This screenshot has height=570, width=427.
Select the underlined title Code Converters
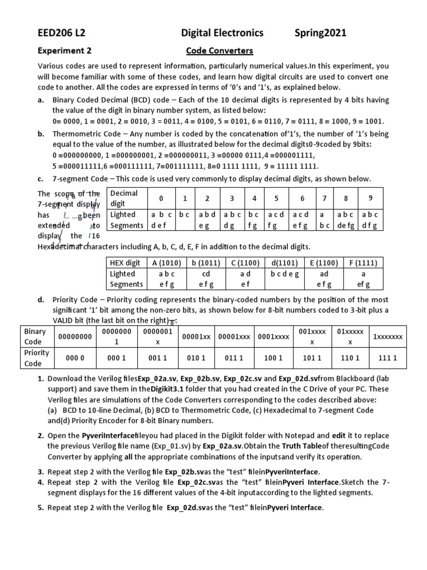[x=219, y=51]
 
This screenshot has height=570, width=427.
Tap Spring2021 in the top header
[x=320, y=33]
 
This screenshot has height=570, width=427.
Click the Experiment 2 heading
[x=64, y=51]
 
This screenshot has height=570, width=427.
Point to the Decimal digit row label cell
[x=126, y=198]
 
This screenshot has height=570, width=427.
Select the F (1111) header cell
[x=363, y=263]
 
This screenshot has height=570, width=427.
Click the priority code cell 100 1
[x=273, y=358]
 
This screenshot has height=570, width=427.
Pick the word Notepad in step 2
[x=311, y=436]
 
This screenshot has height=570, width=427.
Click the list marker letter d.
[x=41, y=299]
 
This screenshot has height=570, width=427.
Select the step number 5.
[x=41, y=508]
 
